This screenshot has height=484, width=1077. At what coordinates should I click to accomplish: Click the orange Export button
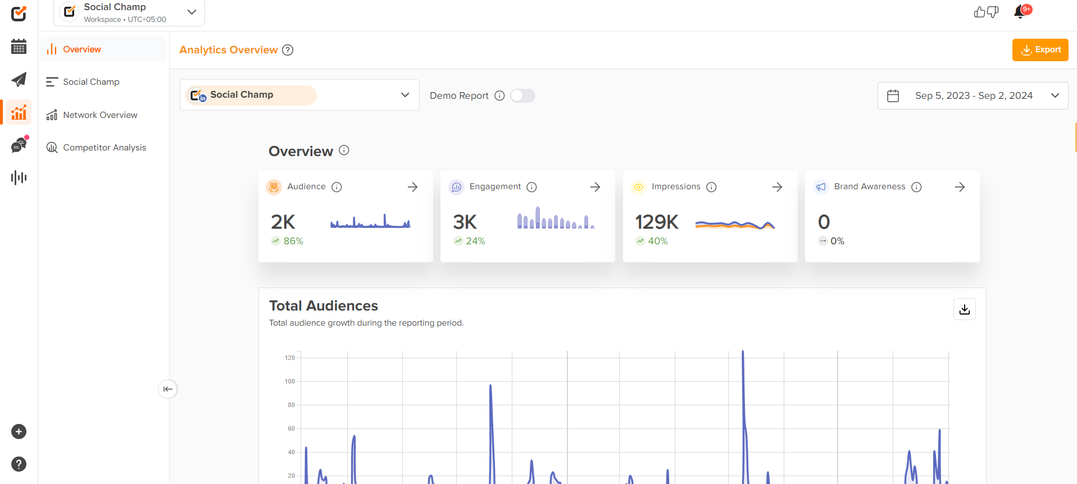pyautogui.click(x=1040, y=50)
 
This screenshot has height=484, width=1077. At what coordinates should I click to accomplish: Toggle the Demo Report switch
pyautogui.click(x=522, y=96)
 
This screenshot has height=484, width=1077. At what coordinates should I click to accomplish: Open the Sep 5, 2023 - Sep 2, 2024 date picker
pyautogui.click(x=973, y=96)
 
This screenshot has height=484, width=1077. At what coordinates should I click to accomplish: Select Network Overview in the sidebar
pyautogui.click(x=100, y=115)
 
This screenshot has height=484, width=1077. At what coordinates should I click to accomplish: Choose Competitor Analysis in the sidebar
pyautogui.click(x=104, y=148)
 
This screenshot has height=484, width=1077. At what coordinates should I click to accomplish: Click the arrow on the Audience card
pyautogui.click(x=412, y=187)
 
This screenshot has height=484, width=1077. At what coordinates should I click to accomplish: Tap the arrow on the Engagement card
pyautogui.click(x=595, y=187)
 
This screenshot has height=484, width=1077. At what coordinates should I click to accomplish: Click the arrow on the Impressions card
pyautogui.click(x=777, y=187)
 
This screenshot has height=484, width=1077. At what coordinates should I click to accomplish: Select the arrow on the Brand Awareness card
pyautogui.click(x=960, y=187)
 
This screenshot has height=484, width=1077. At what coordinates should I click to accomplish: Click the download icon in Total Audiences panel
pyautogui.click(x=964, y=309)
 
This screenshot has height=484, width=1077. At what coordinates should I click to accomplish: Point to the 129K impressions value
pyautogui.click(x=657, y=222)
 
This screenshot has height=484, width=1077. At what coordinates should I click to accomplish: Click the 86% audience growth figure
pyautogui.click(x=293, y=241)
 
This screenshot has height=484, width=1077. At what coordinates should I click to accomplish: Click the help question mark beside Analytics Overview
pyautogui.click(x=288, y=50)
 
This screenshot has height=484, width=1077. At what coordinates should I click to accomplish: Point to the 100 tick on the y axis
pyautogui.click(x=290, y=382)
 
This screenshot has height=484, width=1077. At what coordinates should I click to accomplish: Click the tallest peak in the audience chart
pyautogui.click(x=743, y=353)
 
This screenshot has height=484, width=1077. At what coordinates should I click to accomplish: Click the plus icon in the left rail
pyautogui.click(x=19, y=432)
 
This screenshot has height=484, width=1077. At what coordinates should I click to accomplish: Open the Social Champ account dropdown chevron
pyautogui.click(x=405, y=95)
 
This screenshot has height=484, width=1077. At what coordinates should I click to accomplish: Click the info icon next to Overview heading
pyautogui.click(x=344, y=150)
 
